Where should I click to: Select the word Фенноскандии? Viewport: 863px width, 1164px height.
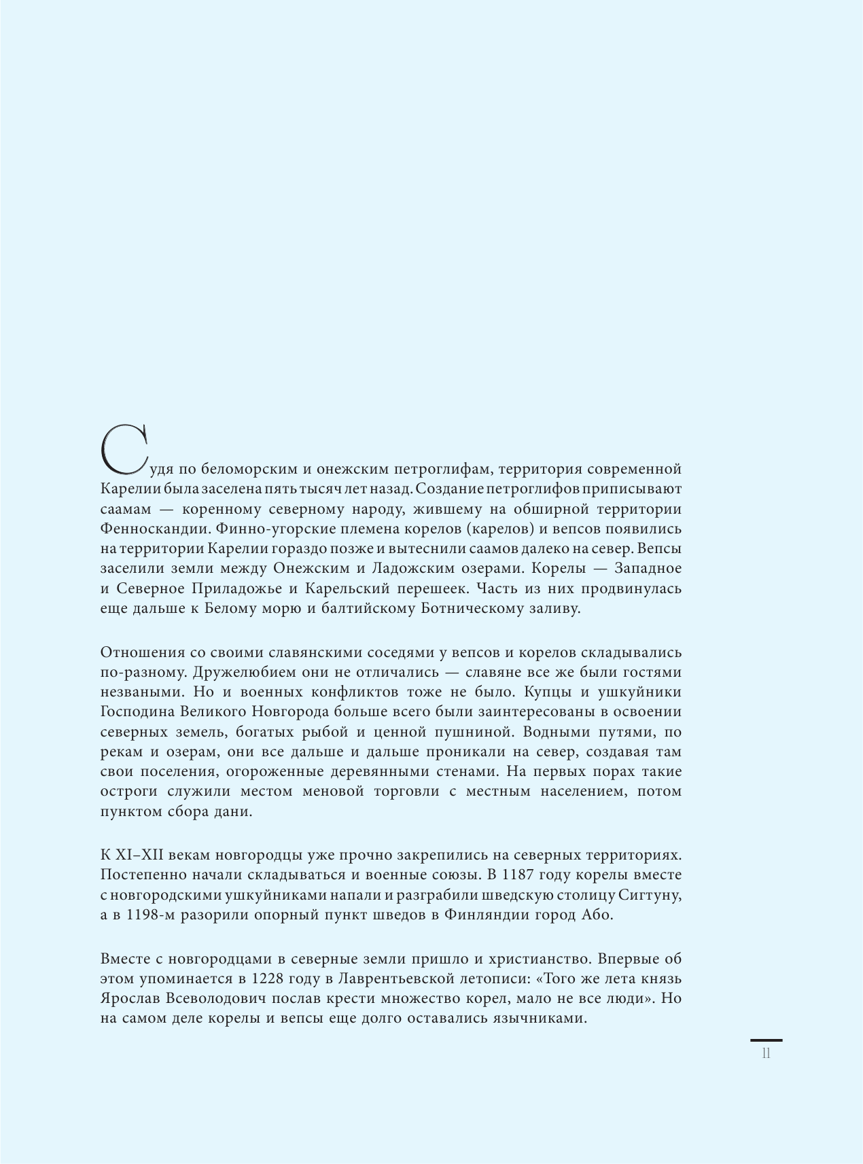[147, 528]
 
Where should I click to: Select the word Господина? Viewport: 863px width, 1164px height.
[137, 711]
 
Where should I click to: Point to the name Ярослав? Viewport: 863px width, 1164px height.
[129, 999]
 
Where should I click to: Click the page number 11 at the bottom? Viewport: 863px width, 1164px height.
[766, 1054]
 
